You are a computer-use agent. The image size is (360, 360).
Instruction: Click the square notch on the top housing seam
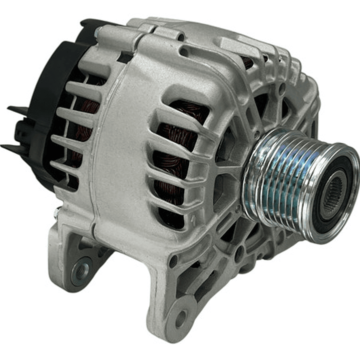(125, 58)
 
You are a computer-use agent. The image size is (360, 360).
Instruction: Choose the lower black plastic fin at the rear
(13, 148)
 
